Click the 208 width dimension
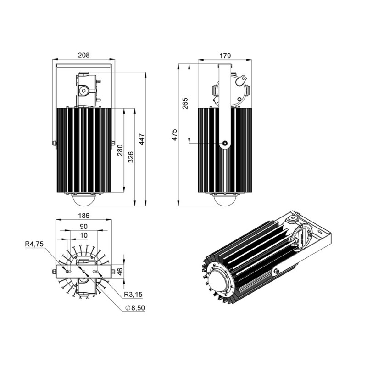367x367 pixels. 83,55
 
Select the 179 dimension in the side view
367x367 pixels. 225,56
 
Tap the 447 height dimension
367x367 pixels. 142,139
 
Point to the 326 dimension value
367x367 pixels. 131,157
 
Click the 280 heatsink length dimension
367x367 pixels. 120,150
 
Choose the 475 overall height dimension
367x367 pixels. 174,135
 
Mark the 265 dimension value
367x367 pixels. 185,103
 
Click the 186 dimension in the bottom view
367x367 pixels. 83,216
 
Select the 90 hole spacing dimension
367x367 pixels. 83,226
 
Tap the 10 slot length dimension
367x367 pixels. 83,235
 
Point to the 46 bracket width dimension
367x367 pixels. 120,272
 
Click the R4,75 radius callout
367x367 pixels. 34,244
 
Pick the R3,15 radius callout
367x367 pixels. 133,294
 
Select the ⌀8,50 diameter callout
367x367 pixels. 135,308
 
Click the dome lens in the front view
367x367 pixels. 83,200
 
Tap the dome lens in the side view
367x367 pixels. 225,200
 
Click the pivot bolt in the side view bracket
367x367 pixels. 225,143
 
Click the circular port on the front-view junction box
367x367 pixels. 83,90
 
